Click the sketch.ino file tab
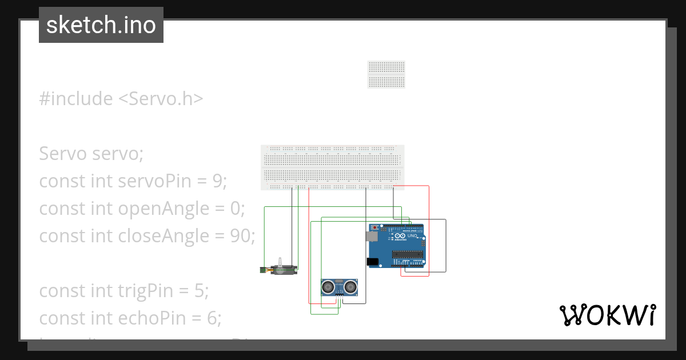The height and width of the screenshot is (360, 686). [x=101, y=25]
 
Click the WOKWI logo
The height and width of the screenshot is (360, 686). [x=607, y=315]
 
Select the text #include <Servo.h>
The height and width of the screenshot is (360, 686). [x=121, y=99]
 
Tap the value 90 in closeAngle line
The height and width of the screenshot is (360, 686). [x=240, y=235]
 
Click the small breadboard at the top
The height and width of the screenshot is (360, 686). [x=386, y=74]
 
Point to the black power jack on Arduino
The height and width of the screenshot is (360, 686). [x=372, y=262]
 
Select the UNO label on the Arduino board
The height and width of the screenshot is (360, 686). [x=413, y=235]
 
